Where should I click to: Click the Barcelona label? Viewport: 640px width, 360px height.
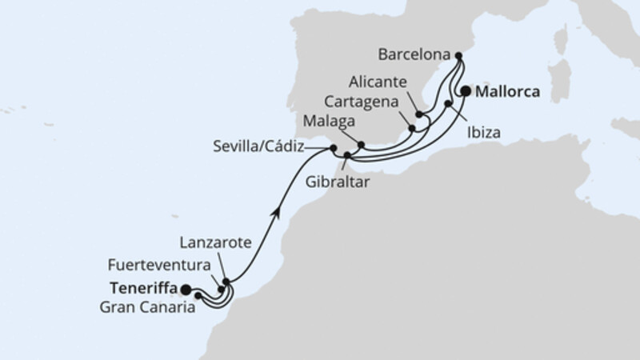(412, 56)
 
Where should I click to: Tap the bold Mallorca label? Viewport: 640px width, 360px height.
(506, 92)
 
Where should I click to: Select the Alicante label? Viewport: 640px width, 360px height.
(378, 82)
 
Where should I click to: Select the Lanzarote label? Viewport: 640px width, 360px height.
(219, 241)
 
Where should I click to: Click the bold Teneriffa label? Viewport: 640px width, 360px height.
(143, 289)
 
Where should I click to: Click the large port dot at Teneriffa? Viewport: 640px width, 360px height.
(186, 289)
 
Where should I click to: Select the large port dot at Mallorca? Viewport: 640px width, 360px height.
(466, 91)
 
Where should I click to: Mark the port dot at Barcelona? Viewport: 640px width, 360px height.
(458, 56)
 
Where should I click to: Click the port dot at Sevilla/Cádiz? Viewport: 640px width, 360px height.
(333, 148)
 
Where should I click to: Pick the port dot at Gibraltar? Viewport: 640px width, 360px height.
(347, 155)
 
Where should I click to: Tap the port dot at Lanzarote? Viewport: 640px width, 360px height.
(226, 282)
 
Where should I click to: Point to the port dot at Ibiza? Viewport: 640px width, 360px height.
(448, 103)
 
